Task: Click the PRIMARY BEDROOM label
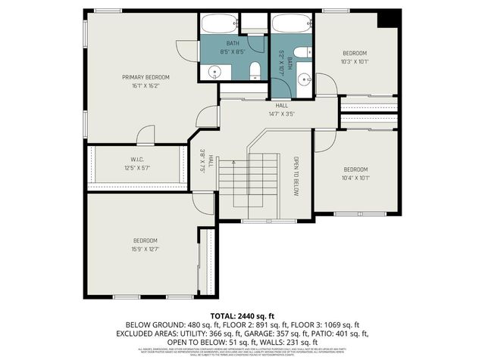(x=145, y=77)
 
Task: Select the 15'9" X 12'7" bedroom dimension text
(x=145, y=249)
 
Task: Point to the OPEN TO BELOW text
(x=297, y=176)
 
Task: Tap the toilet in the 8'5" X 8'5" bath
(x=255, y=70)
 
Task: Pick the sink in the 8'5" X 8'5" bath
(x=214, y=72)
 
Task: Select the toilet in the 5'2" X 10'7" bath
(x=302, y=52)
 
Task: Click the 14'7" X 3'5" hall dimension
(x=281, y=114)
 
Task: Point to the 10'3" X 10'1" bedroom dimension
(x=355, y=62)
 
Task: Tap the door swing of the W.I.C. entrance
(x=145, y=135)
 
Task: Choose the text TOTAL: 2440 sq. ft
(x=242, y=315)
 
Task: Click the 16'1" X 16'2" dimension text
(x=145, y=86)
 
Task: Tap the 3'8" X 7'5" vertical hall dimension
(x=202, y=162)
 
